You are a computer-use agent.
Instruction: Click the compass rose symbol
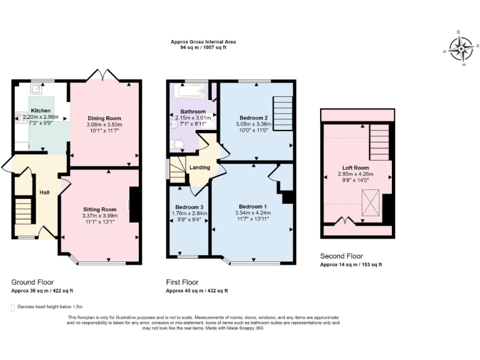point(462,47)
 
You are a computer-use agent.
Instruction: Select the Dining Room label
point(104,118)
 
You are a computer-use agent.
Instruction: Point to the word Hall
point(45,192)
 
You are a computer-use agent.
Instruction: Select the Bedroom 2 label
point(253,117)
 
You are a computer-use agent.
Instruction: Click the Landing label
point(199,167)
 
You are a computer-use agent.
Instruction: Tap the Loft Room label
point(355,168)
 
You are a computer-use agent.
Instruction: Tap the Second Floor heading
point(341,256)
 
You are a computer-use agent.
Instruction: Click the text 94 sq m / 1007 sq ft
point(203,47)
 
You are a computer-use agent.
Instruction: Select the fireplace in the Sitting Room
point(133,204)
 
